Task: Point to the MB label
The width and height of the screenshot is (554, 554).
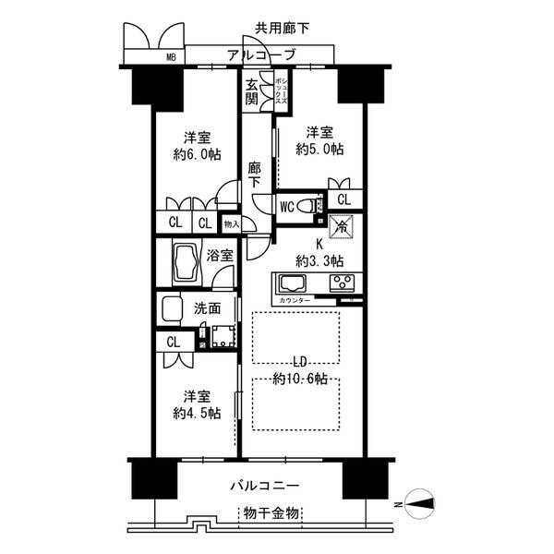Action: (x=171, y=57)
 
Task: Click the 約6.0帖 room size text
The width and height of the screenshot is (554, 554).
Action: (x=198, y=155)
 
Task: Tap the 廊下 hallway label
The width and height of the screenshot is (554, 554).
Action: (x=256, y=175)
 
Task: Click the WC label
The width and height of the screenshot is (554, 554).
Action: (x=287, y=207)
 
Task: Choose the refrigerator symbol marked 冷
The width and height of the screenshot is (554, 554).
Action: (x=339, y=224)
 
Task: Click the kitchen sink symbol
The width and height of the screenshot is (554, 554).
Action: (x=294, y=283)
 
